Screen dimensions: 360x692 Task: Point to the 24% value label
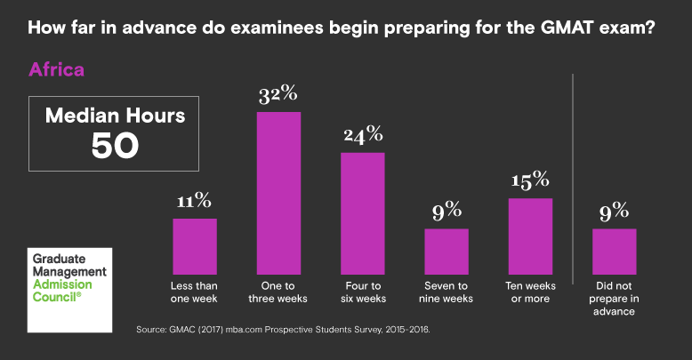coord(363,135)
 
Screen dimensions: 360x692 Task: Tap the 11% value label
coord(195,201)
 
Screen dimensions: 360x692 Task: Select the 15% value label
coord(530,180)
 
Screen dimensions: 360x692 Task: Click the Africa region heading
coord(57,69)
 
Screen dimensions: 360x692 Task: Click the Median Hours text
coord(116,116)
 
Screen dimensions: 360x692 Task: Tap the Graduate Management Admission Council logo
coord(69,284)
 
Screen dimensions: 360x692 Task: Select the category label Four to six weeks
coord(363,292)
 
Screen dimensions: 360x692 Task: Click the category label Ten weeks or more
coord(530,292)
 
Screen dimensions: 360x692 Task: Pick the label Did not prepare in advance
coord(615,299)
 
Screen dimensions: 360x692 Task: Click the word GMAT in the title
coord(575,28)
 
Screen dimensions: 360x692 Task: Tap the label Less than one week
coord(195,292)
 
